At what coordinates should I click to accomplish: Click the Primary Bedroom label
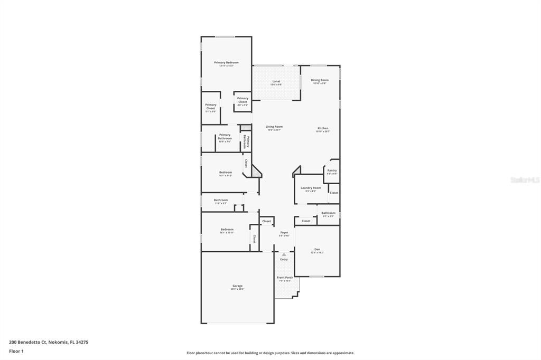tap(226, 62)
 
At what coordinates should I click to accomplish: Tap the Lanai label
tap(276, 81)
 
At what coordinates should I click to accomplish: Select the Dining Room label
tap(320, 80)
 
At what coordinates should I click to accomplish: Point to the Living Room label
tap(274, 127)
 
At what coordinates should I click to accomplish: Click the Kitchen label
tap(323, 128)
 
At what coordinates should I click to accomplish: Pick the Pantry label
tap(332, 170)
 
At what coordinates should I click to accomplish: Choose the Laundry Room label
tap(311, 188)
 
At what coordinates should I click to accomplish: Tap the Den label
tap(317, 249)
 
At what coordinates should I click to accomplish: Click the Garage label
tap(237, 286)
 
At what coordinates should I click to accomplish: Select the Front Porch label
tap(285, 278)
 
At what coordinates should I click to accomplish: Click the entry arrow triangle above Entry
tap(284, 254)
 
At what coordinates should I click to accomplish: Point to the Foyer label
tap(284, 232)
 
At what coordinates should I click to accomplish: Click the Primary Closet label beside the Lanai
tap(242, 100)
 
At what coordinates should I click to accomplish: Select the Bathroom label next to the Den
tap(328, 213)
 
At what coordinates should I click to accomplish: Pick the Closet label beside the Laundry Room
tap(334, 193)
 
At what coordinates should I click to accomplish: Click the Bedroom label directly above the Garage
tap(227, 230)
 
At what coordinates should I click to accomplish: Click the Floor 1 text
tap(16, 350)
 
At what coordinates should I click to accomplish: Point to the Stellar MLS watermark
tap(525, 180)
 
